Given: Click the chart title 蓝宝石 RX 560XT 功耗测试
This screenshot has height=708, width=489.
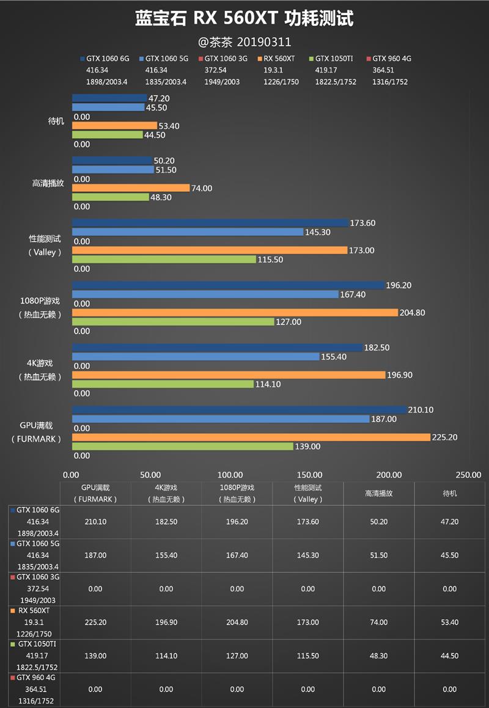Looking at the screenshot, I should click(x=244, y=19).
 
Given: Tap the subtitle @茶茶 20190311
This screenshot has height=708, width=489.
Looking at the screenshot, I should click(x=244, y=42).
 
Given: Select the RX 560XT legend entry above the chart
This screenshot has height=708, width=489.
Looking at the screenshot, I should click(x=279, y=59).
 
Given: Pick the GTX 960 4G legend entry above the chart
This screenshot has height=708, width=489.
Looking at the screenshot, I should click(x=391, y=59).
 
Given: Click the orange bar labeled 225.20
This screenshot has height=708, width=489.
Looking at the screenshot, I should click(x=251, y=437).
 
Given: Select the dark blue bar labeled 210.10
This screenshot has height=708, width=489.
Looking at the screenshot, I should click(x=239, y=410).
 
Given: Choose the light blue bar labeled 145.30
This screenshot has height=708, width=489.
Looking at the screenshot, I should click(x=188, y=232).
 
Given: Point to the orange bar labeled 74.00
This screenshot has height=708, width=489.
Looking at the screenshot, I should click(x=131, y=188).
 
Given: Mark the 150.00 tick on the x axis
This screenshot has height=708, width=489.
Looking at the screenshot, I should click(x=310, y=475).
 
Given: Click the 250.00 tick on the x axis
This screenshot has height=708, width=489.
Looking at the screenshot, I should click(x=469, y=475).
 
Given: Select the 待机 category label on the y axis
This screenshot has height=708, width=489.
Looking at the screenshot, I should click(x=56, y=121).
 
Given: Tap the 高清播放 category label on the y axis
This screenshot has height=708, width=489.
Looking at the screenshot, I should click(x=48, y=183).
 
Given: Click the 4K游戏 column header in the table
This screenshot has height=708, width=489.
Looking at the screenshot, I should click(x=166, y=493).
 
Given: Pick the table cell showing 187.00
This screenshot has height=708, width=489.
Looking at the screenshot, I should click(x=95, y=555).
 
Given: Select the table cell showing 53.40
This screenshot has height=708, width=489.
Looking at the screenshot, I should click(x=449, y=622).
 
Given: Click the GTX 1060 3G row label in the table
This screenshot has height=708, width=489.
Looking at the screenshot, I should click(x=37, y=577).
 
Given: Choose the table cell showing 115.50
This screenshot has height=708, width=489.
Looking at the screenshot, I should click(x=307, y=656).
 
